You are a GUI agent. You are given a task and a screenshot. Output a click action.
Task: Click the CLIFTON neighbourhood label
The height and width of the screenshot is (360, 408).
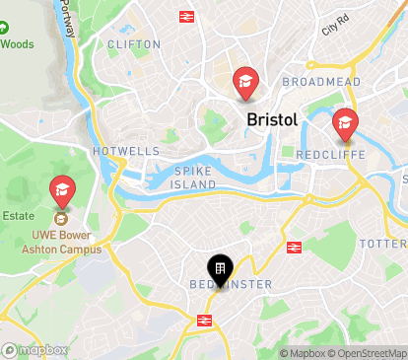tap(133, 44)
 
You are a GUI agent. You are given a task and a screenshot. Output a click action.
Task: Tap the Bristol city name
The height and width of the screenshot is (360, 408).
tap(271, 119)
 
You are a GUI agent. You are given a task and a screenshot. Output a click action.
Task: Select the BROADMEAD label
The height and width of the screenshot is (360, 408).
tap(321, 81)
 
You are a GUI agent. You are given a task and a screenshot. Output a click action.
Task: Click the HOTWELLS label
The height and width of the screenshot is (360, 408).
tap(124, 151)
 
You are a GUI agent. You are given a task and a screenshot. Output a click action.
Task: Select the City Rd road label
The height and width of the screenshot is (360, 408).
tap(335, 24)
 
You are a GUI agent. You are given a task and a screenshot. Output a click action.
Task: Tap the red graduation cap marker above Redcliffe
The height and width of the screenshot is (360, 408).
tap(345, 123)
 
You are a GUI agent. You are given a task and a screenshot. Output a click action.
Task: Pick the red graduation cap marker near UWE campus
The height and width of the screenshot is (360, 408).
tap(62, 189)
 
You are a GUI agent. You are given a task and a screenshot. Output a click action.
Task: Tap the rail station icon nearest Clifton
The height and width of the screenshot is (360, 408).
tap(185, 16)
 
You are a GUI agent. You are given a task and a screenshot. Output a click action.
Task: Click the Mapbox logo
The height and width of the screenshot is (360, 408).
tap(35, 350)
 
